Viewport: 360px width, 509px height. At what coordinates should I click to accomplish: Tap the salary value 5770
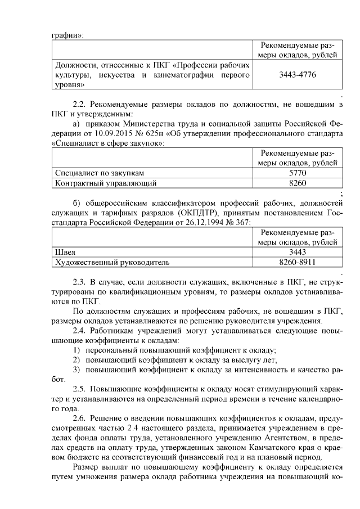pos(296,173)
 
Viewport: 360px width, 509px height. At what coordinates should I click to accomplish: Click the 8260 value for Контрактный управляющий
pos(296,183)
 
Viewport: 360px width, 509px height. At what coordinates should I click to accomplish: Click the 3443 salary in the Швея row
pos(296,252)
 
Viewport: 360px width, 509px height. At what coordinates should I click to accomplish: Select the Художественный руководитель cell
pos(111,262)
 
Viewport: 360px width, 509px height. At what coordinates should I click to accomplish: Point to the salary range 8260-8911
pos(296,262)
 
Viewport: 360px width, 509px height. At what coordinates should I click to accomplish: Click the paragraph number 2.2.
pos(79,105)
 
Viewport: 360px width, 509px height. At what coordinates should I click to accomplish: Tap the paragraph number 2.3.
pos(79,282)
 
